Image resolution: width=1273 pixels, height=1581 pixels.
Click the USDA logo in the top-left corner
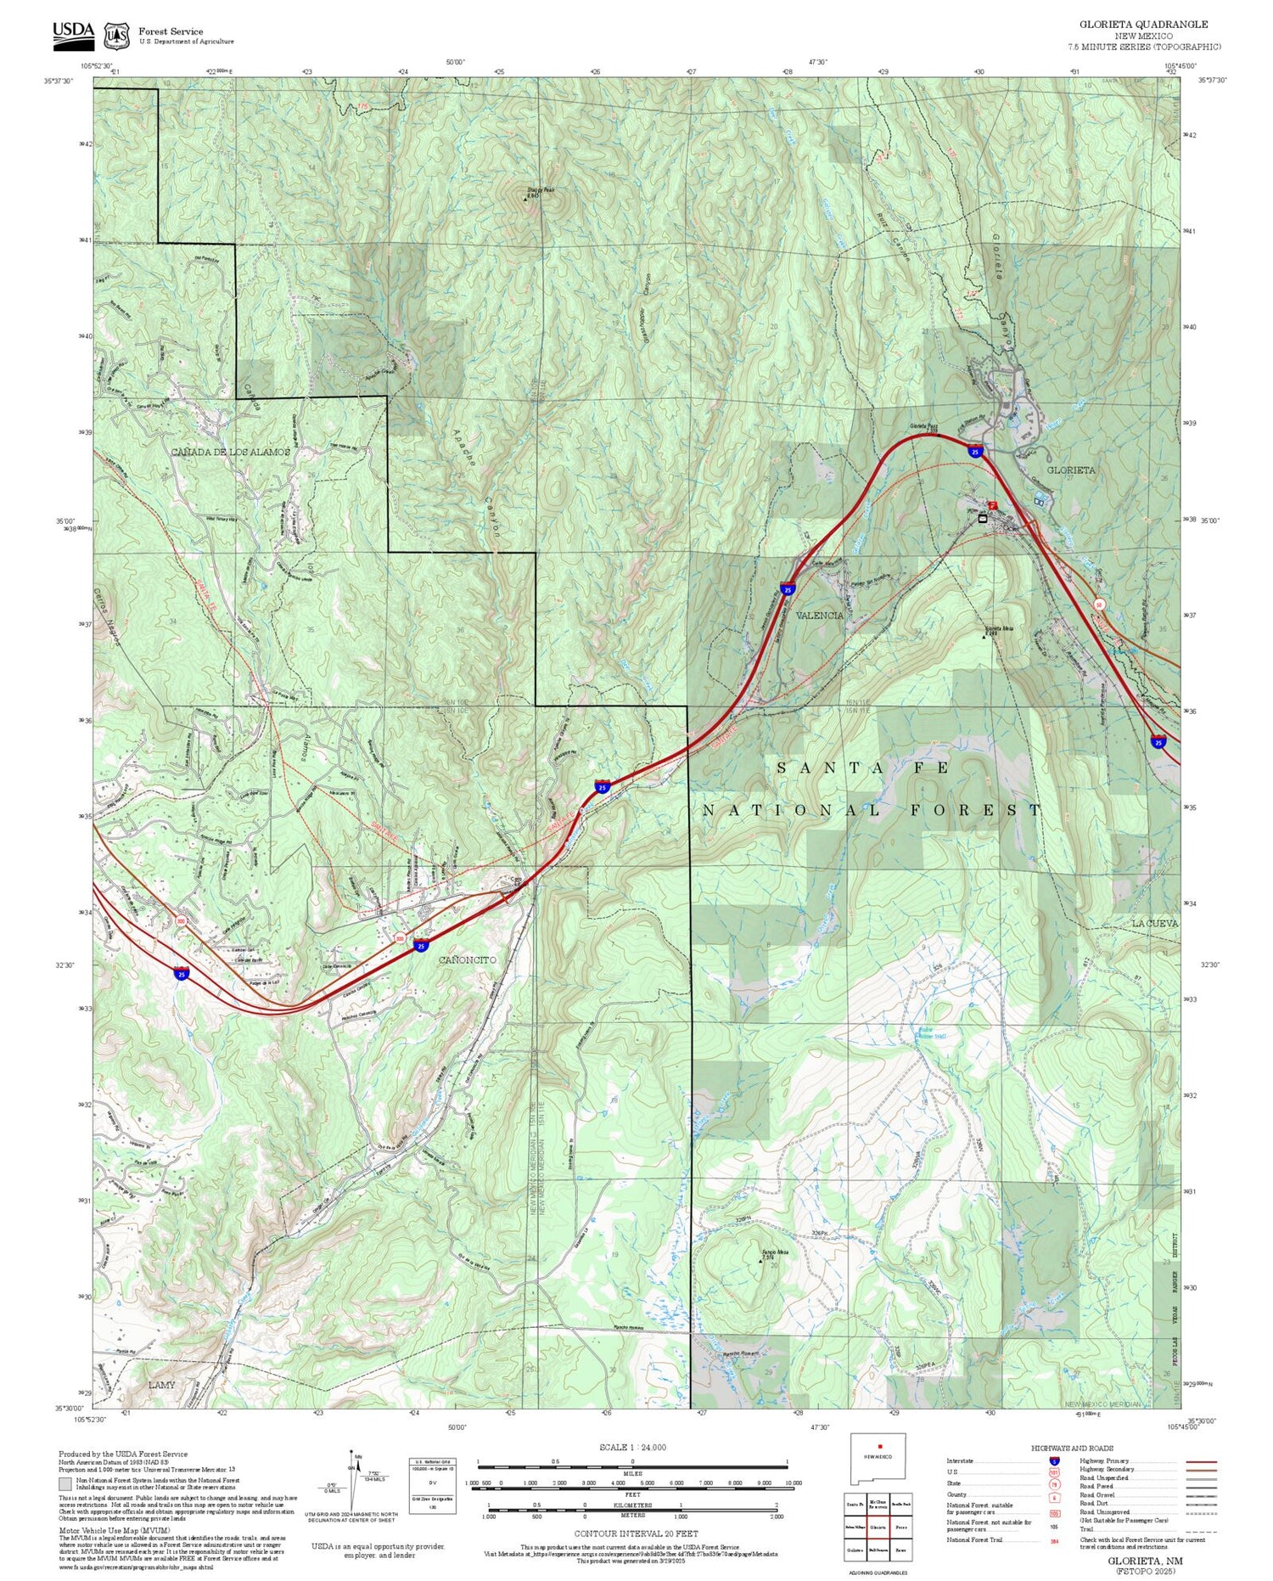(73, 31)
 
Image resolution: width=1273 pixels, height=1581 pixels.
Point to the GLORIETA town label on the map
(1070, 470)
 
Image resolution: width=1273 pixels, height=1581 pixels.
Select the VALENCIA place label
(821, 616)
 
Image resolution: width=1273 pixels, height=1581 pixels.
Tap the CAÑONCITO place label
(468, 959)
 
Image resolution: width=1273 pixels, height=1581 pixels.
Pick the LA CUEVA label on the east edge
(1155, 923)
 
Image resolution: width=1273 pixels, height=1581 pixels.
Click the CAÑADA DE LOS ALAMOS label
(230, 452)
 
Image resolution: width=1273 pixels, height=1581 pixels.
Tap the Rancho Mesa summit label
(771, 1253)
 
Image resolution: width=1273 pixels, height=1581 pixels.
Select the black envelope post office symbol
(982, 518)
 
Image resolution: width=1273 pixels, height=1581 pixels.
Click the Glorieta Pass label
(923, 426)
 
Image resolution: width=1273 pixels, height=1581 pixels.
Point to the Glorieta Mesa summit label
(999, 629)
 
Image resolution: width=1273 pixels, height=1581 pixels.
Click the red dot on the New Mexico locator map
(881, 1446)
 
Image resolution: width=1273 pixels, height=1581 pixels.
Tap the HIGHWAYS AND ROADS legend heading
(1072, 1448)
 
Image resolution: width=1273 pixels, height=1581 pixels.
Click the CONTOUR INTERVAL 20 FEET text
(636, 1533)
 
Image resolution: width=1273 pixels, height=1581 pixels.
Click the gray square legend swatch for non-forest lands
(65, 1484)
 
